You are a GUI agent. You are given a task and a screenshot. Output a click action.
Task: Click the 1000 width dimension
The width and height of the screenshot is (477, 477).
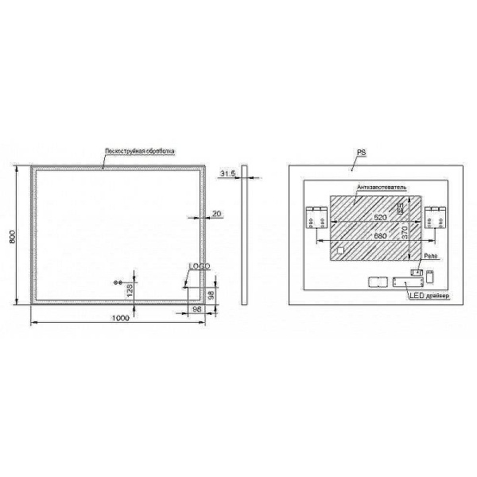(x=121, y=318)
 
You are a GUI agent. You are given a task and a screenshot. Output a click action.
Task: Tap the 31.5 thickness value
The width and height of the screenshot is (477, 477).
(x=229, y=173)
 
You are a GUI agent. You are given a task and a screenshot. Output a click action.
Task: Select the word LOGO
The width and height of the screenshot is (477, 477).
(x=198, y=266)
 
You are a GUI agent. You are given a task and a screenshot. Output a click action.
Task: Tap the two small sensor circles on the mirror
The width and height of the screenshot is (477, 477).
(x=119, y=283)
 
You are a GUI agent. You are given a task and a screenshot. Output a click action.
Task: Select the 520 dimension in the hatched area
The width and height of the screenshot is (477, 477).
(x=370, y=215)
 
